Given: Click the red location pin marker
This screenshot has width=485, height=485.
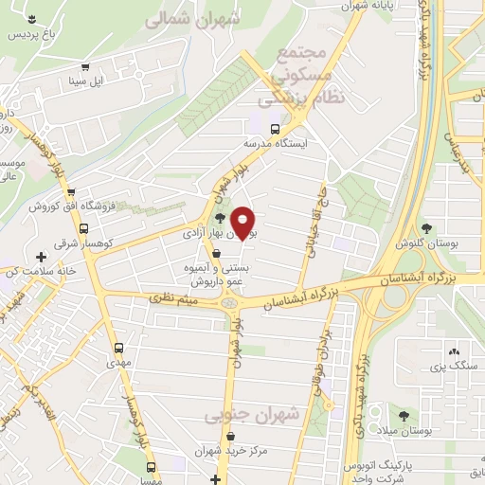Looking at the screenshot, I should [243, 223].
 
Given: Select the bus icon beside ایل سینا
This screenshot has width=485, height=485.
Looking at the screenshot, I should [86, 67].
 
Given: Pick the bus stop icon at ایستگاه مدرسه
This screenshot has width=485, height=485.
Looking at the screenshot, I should [275, 130].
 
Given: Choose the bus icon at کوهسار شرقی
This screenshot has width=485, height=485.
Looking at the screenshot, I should [83, 228].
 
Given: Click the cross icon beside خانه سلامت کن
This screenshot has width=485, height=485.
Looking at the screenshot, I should [40, 257].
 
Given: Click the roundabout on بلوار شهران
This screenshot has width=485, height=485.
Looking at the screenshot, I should [230, 303].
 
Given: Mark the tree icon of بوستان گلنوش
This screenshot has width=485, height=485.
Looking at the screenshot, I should [425, 227].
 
